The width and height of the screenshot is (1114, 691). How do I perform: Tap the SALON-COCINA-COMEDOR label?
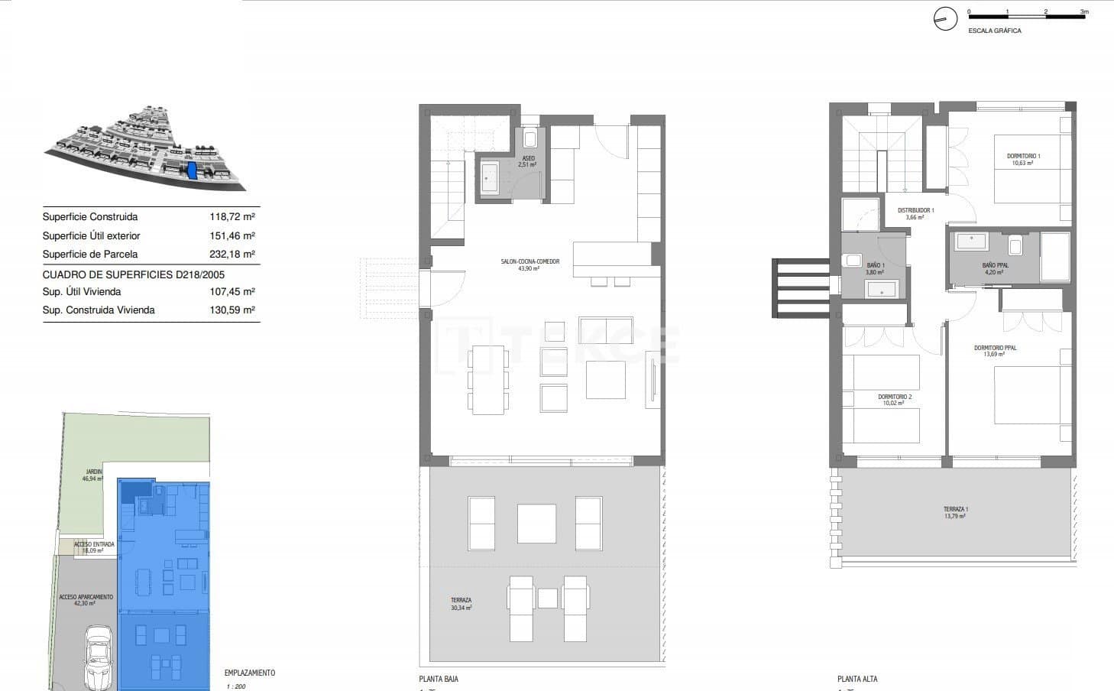point(529,261)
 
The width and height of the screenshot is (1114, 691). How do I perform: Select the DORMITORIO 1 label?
point(1023,156)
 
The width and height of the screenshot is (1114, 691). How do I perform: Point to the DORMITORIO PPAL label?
point(995,348)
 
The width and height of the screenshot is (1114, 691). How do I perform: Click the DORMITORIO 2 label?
point(894,397)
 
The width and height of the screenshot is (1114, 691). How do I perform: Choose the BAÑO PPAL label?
point(995,265)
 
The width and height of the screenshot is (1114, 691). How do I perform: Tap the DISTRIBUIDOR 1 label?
point(915,210)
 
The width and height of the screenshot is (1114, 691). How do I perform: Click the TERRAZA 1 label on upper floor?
point(955,509)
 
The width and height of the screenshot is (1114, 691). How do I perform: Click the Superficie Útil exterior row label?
point(91,236)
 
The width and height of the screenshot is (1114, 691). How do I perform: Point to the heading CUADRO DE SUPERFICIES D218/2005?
point(134,274)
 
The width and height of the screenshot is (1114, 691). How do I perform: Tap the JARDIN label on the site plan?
point(92,472)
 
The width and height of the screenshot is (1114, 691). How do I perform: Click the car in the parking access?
point(98,657)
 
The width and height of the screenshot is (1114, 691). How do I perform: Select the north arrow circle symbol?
point(945,20)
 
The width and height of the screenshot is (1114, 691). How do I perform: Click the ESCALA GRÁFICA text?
point(994,31)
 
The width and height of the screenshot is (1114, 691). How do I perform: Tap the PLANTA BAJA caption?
point(439,679)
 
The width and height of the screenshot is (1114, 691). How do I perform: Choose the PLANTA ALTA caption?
point(857,679)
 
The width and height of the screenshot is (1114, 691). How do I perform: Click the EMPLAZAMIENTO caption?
point(250,673)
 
